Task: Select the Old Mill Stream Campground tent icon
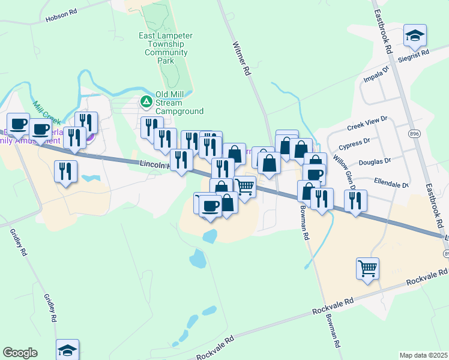click(146, 103)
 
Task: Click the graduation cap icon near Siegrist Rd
click(415, 35)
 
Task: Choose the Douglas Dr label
click(375, 161)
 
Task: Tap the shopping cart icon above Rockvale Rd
click(367, 268)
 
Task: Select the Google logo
click(20, 353)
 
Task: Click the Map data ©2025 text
click(423, 355)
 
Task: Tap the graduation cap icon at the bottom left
click(67, 350)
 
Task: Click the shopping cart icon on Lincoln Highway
click(244, 187)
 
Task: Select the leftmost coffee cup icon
click(18, 124)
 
